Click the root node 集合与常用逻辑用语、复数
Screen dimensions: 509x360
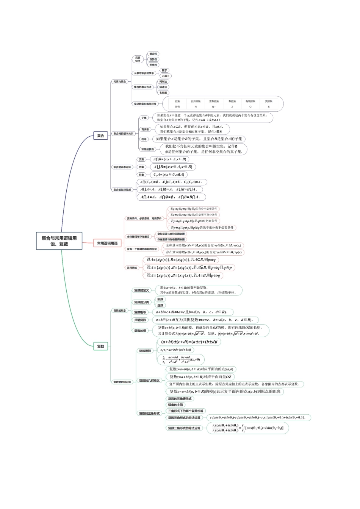[59, 241]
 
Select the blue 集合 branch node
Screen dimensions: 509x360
[100, 136]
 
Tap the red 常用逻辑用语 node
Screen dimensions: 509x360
[107, 243]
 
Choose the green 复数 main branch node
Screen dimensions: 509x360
[100, 346]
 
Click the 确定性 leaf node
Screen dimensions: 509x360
[153, 54]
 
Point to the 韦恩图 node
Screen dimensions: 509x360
[163, 92]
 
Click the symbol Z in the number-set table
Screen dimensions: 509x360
[232, 107]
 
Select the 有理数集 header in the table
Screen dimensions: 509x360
[250, 101]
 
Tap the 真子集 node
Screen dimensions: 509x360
[145, 129]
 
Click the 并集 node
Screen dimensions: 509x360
[141, 167]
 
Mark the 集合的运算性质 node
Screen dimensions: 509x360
[122, 189]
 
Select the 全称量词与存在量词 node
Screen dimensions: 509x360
[138, 237]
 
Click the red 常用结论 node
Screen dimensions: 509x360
[132, 268]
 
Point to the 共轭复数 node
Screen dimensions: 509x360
[140, 320]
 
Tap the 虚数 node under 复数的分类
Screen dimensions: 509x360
[160, 305]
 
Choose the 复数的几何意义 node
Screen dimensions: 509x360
[149, 381]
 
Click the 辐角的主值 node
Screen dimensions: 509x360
[175, 405]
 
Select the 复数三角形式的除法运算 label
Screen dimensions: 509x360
[184, 428]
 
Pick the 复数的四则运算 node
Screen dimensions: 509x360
[122, 382]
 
